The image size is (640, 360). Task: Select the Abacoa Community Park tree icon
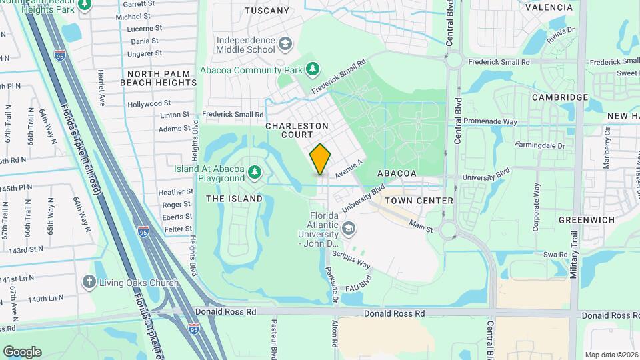312,69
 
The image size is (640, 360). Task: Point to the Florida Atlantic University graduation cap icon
348,229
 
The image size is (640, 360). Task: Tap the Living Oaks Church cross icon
89,282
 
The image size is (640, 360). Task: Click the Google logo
22,352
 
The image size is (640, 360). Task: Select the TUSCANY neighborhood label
267,11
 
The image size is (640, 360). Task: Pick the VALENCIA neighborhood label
549,7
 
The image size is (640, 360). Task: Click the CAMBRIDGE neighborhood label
560,97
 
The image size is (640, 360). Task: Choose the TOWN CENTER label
419,200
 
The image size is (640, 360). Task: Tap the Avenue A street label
348,168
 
